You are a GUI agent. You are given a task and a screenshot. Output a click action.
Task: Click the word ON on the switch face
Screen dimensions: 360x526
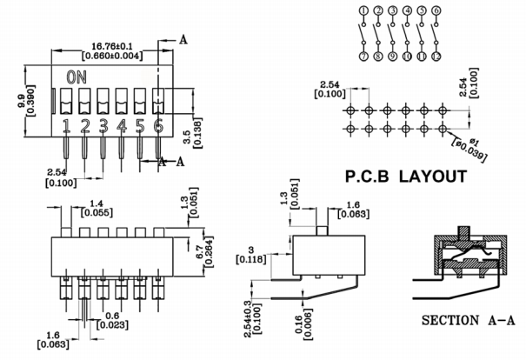[77, 77]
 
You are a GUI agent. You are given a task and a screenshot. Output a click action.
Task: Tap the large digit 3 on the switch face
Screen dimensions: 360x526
[103, 127]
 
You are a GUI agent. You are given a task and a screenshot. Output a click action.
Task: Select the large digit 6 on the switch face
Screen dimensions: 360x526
[158, 127]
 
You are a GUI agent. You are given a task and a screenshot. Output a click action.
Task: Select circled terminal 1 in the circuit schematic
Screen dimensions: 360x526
[363, 10]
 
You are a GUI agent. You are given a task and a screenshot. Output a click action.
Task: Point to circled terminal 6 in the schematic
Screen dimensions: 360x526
[436, 10]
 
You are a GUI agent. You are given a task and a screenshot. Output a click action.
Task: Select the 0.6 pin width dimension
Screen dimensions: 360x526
[112, 316]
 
